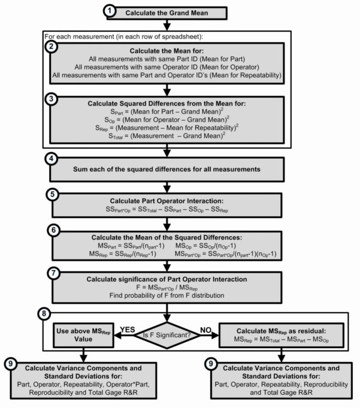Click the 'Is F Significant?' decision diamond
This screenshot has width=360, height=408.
tap(170, 334)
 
